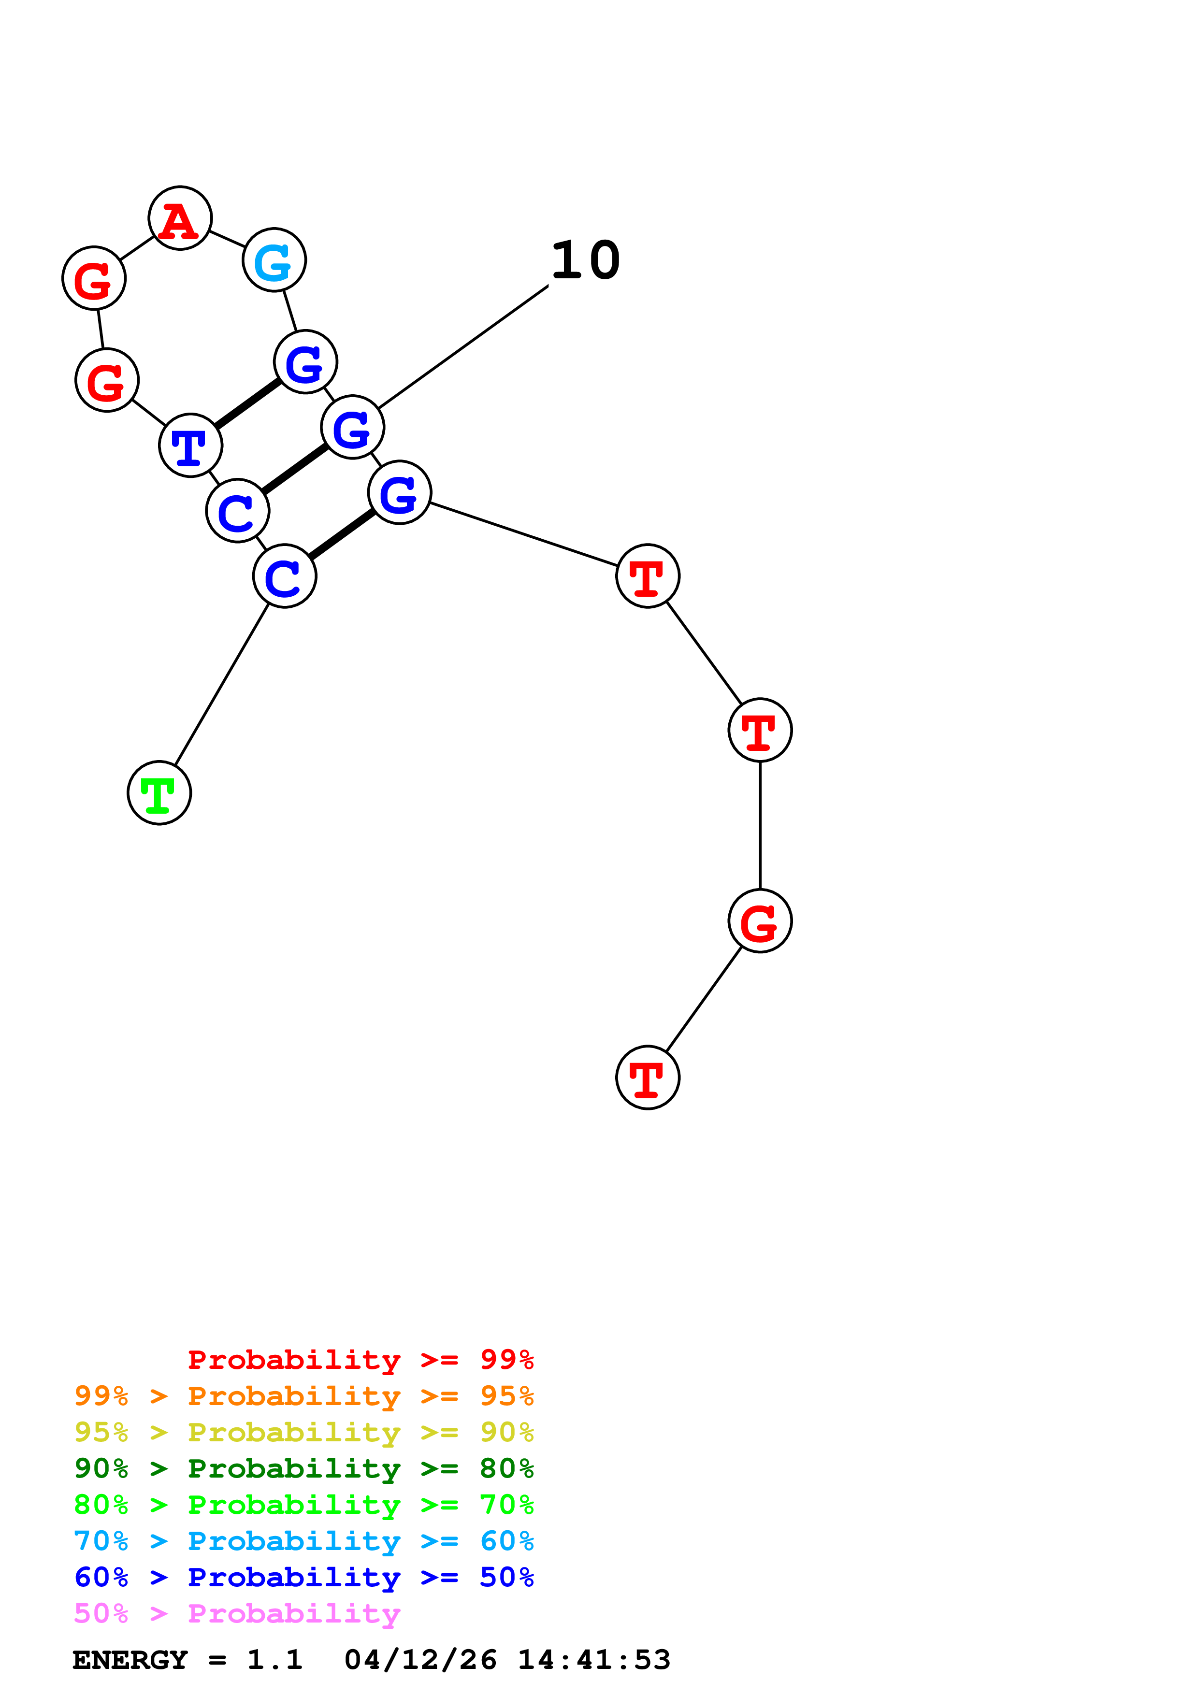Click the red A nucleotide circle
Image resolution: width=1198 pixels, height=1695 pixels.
click(180, 218)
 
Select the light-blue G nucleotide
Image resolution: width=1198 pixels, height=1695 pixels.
click(274, 260)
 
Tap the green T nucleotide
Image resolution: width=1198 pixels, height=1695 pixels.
click(159, 793)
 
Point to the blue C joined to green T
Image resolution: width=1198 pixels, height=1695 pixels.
click(285, 576)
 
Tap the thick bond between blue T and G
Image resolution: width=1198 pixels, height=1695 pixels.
click(248, 404)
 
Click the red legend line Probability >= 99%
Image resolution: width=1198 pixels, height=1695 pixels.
click(360, 1359)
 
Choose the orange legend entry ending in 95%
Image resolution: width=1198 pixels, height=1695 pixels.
click(303, 1396)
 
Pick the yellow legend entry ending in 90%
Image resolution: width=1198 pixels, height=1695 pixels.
click(303, 1432)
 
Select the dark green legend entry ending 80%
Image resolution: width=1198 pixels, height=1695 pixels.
click(303, 1468)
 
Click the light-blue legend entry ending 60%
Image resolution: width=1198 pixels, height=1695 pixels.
click(303, 1541)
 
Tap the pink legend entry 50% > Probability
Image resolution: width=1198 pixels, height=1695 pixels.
click(237, 1613)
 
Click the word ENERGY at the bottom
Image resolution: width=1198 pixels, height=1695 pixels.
click(130, 1660)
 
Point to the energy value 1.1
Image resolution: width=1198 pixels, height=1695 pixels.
click(274, 1660)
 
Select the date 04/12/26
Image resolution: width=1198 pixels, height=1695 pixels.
click(420, 1660)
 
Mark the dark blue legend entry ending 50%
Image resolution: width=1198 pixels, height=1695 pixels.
click(303, 1577)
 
